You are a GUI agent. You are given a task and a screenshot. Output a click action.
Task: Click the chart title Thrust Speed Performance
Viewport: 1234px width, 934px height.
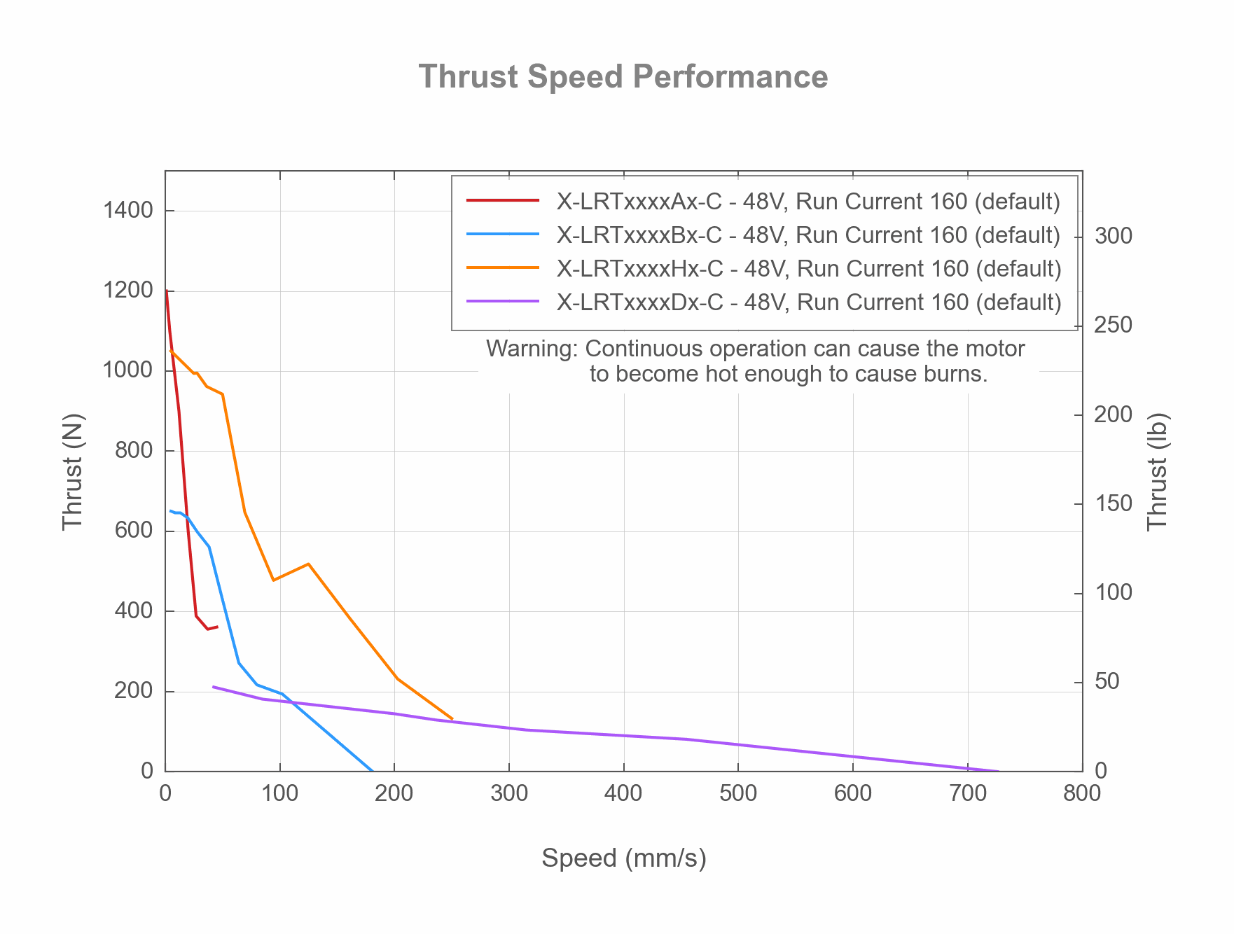point(623,77)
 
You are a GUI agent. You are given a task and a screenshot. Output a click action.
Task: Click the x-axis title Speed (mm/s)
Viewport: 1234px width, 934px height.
point(623,858)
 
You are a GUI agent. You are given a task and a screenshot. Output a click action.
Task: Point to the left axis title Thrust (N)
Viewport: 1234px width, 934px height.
point(73,471)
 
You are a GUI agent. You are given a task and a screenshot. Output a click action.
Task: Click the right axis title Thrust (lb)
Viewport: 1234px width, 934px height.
point(1158,471)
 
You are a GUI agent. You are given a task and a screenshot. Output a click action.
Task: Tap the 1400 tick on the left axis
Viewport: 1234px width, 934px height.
point(128,210)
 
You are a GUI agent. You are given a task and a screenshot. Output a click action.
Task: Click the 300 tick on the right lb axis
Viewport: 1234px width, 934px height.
point(1113,236)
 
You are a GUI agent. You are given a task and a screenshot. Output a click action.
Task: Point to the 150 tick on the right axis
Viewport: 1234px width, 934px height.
point(1113,504)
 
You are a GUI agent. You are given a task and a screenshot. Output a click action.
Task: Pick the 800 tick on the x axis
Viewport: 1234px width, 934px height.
point(1082,793)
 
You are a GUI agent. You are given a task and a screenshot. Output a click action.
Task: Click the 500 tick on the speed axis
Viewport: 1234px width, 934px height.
point(738,793)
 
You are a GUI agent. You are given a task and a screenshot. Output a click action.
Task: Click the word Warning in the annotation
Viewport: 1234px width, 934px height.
point(532,349)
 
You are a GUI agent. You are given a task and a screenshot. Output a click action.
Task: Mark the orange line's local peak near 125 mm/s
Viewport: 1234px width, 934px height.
point(308,564)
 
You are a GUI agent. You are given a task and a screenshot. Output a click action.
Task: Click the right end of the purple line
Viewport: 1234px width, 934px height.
point(999,771)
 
